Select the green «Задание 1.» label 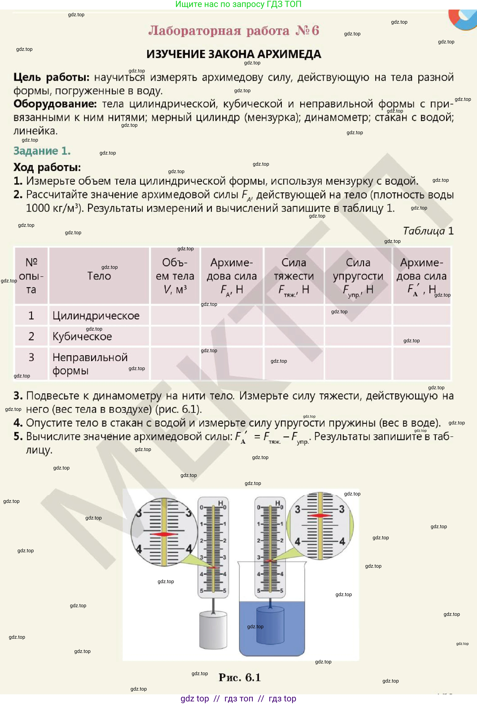click(x=42, y=151)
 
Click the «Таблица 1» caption click(x=428, y=231)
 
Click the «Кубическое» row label click(x=82, y=336)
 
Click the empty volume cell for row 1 click(x=175, y=316)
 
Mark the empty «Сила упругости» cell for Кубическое click(x=358, y=336)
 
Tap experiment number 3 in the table click(x=31, y=357)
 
